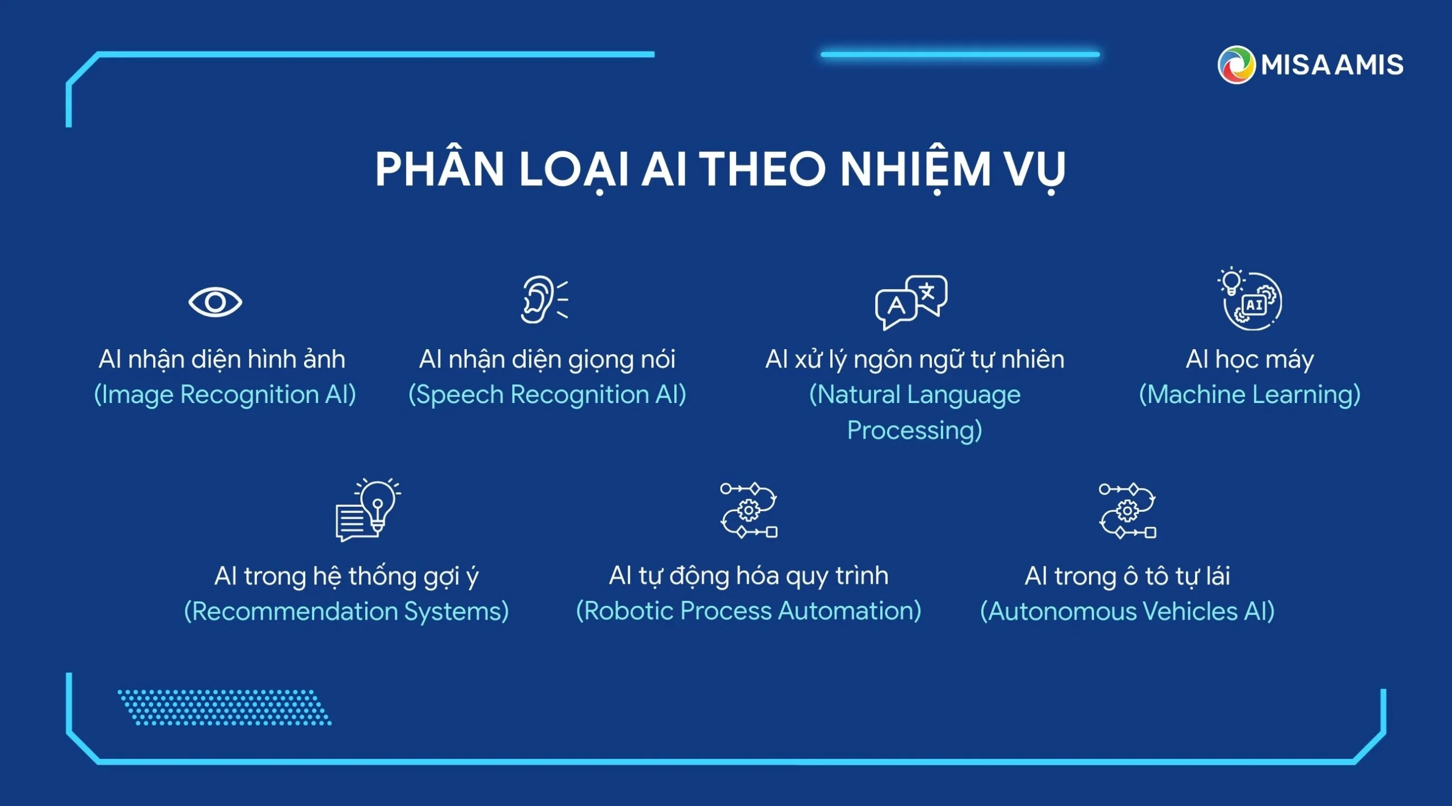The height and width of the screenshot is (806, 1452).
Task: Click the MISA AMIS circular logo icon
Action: tap(1236, 65)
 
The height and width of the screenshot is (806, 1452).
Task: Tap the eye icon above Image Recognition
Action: tap(215, 302)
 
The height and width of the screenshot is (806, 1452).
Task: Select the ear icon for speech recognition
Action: tap(544, 299)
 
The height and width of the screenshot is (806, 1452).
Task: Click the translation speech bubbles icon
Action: tap(911, 302)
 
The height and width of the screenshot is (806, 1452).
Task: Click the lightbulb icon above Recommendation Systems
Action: tap(368, 510)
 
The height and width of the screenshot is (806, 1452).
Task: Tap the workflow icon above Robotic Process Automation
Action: tap(749, 510)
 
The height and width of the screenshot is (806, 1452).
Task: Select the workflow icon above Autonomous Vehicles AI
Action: tap(1127, 511)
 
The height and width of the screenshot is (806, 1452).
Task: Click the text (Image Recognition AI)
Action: tap(225, 395)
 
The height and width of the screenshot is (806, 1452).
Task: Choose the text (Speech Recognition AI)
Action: tap(547, 395)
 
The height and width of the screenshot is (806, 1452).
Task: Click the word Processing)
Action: tap(914, 431)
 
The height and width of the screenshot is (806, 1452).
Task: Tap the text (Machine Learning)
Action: tap(1250, 395)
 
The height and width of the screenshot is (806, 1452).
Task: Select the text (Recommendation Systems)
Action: tap(347, 612)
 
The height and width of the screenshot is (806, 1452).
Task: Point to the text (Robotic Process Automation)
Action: tap(749, 611)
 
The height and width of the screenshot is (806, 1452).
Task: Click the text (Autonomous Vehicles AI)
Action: tap(1128, 612)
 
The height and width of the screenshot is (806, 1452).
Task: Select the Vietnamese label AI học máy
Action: tap(1250, 360)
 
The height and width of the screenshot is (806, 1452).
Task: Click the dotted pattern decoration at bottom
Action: tap(225, 707)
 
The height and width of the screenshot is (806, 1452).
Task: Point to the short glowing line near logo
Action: tap(960, 54)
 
